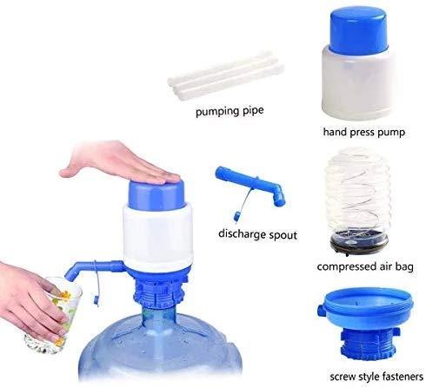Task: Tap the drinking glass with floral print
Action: (x=55, y=308)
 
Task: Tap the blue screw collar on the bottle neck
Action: (x=162, y=291)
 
